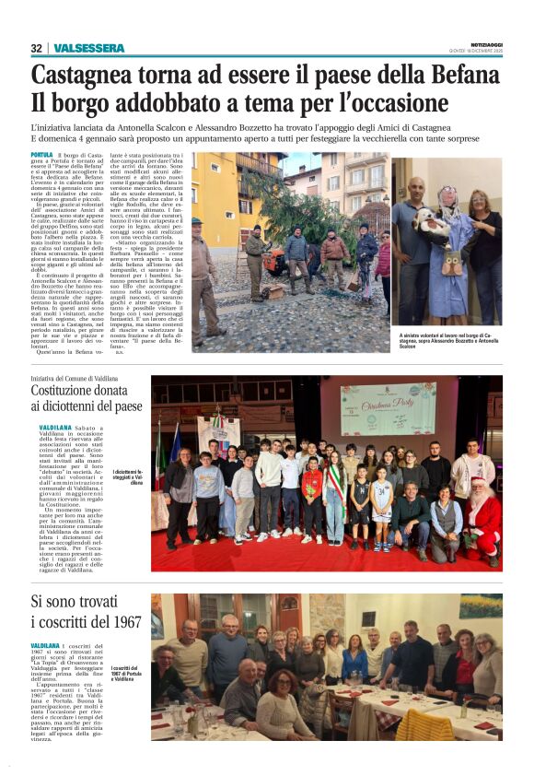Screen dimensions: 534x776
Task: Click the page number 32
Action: [36, 48]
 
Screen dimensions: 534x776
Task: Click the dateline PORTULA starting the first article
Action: [41, 155]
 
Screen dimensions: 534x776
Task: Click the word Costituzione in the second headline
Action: [75, 390]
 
